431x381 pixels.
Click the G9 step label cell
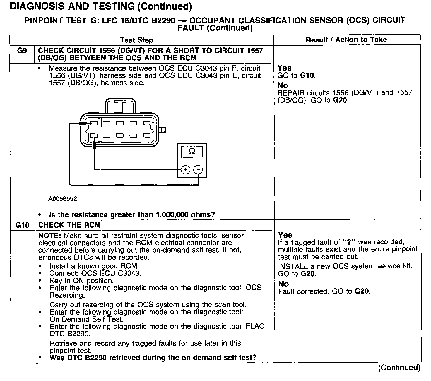point(22,51)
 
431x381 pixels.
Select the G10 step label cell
point(22,225)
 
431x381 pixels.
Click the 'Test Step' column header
point(136,40)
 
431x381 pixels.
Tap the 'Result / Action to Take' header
point(346,40)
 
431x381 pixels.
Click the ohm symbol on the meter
point(192,151)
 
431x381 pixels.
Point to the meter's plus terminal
point(185,170)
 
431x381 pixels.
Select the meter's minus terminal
point(199,170)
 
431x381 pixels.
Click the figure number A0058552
point(63,199)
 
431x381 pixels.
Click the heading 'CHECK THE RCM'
point(69,225)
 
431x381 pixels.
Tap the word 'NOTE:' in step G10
point(50,236)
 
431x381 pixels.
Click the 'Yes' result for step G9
point(284,68)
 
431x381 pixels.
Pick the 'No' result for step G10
point(283,284)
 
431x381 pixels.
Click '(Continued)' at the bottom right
point(399,368)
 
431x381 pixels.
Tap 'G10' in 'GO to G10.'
point(307,75)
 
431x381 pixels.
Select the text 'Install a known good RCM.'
point(94,266)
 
